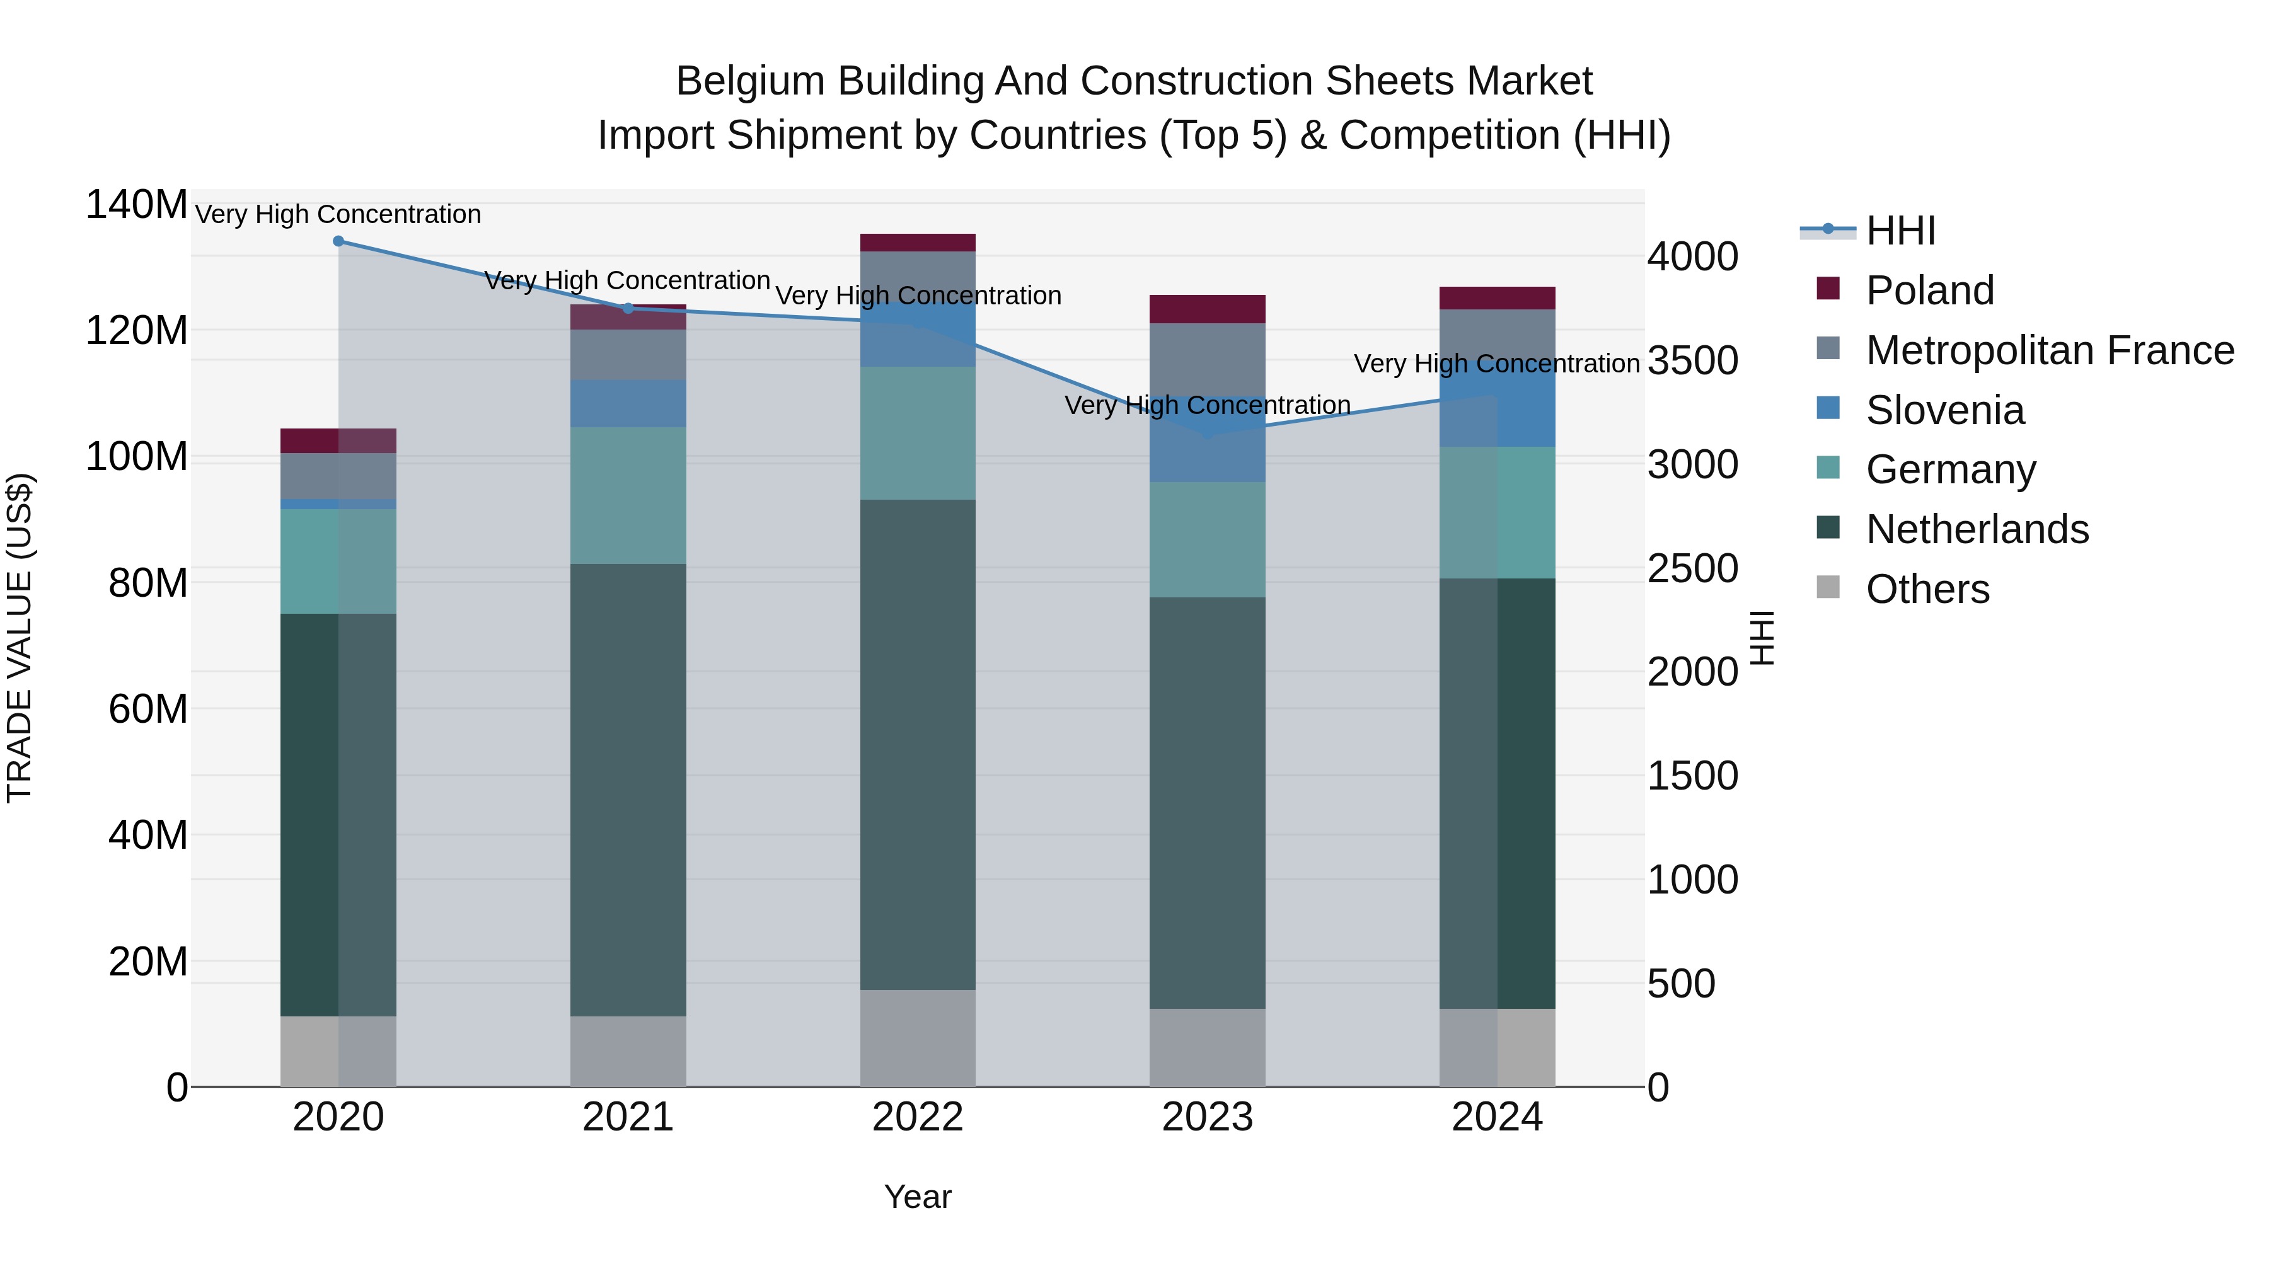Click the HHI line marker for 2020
coord(338,241)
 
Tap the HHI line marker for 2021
coord(628,308)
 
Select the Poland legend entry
coord(1929,290)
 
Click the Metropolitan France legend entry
coord(2049,350)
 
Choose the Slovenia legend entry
coord(1945,410)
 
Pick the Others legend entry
coord(1927,589)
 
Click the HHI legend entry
coord(1900,231)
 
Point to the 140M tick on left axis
coord(137,205)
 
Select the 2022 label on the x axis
coord(917,1117)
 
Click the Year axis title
coord(917,1197)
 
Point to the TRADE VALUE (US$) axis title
coord(20,638)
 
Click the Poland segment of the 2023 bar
coord(1207,309)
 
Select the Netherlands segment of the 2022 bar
coord(917,744)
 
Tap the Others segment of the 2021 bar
coord(628,1052)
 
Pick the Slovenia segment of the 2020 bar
coord(338,503)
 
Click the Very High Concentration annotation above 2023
coord(1207,405)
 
